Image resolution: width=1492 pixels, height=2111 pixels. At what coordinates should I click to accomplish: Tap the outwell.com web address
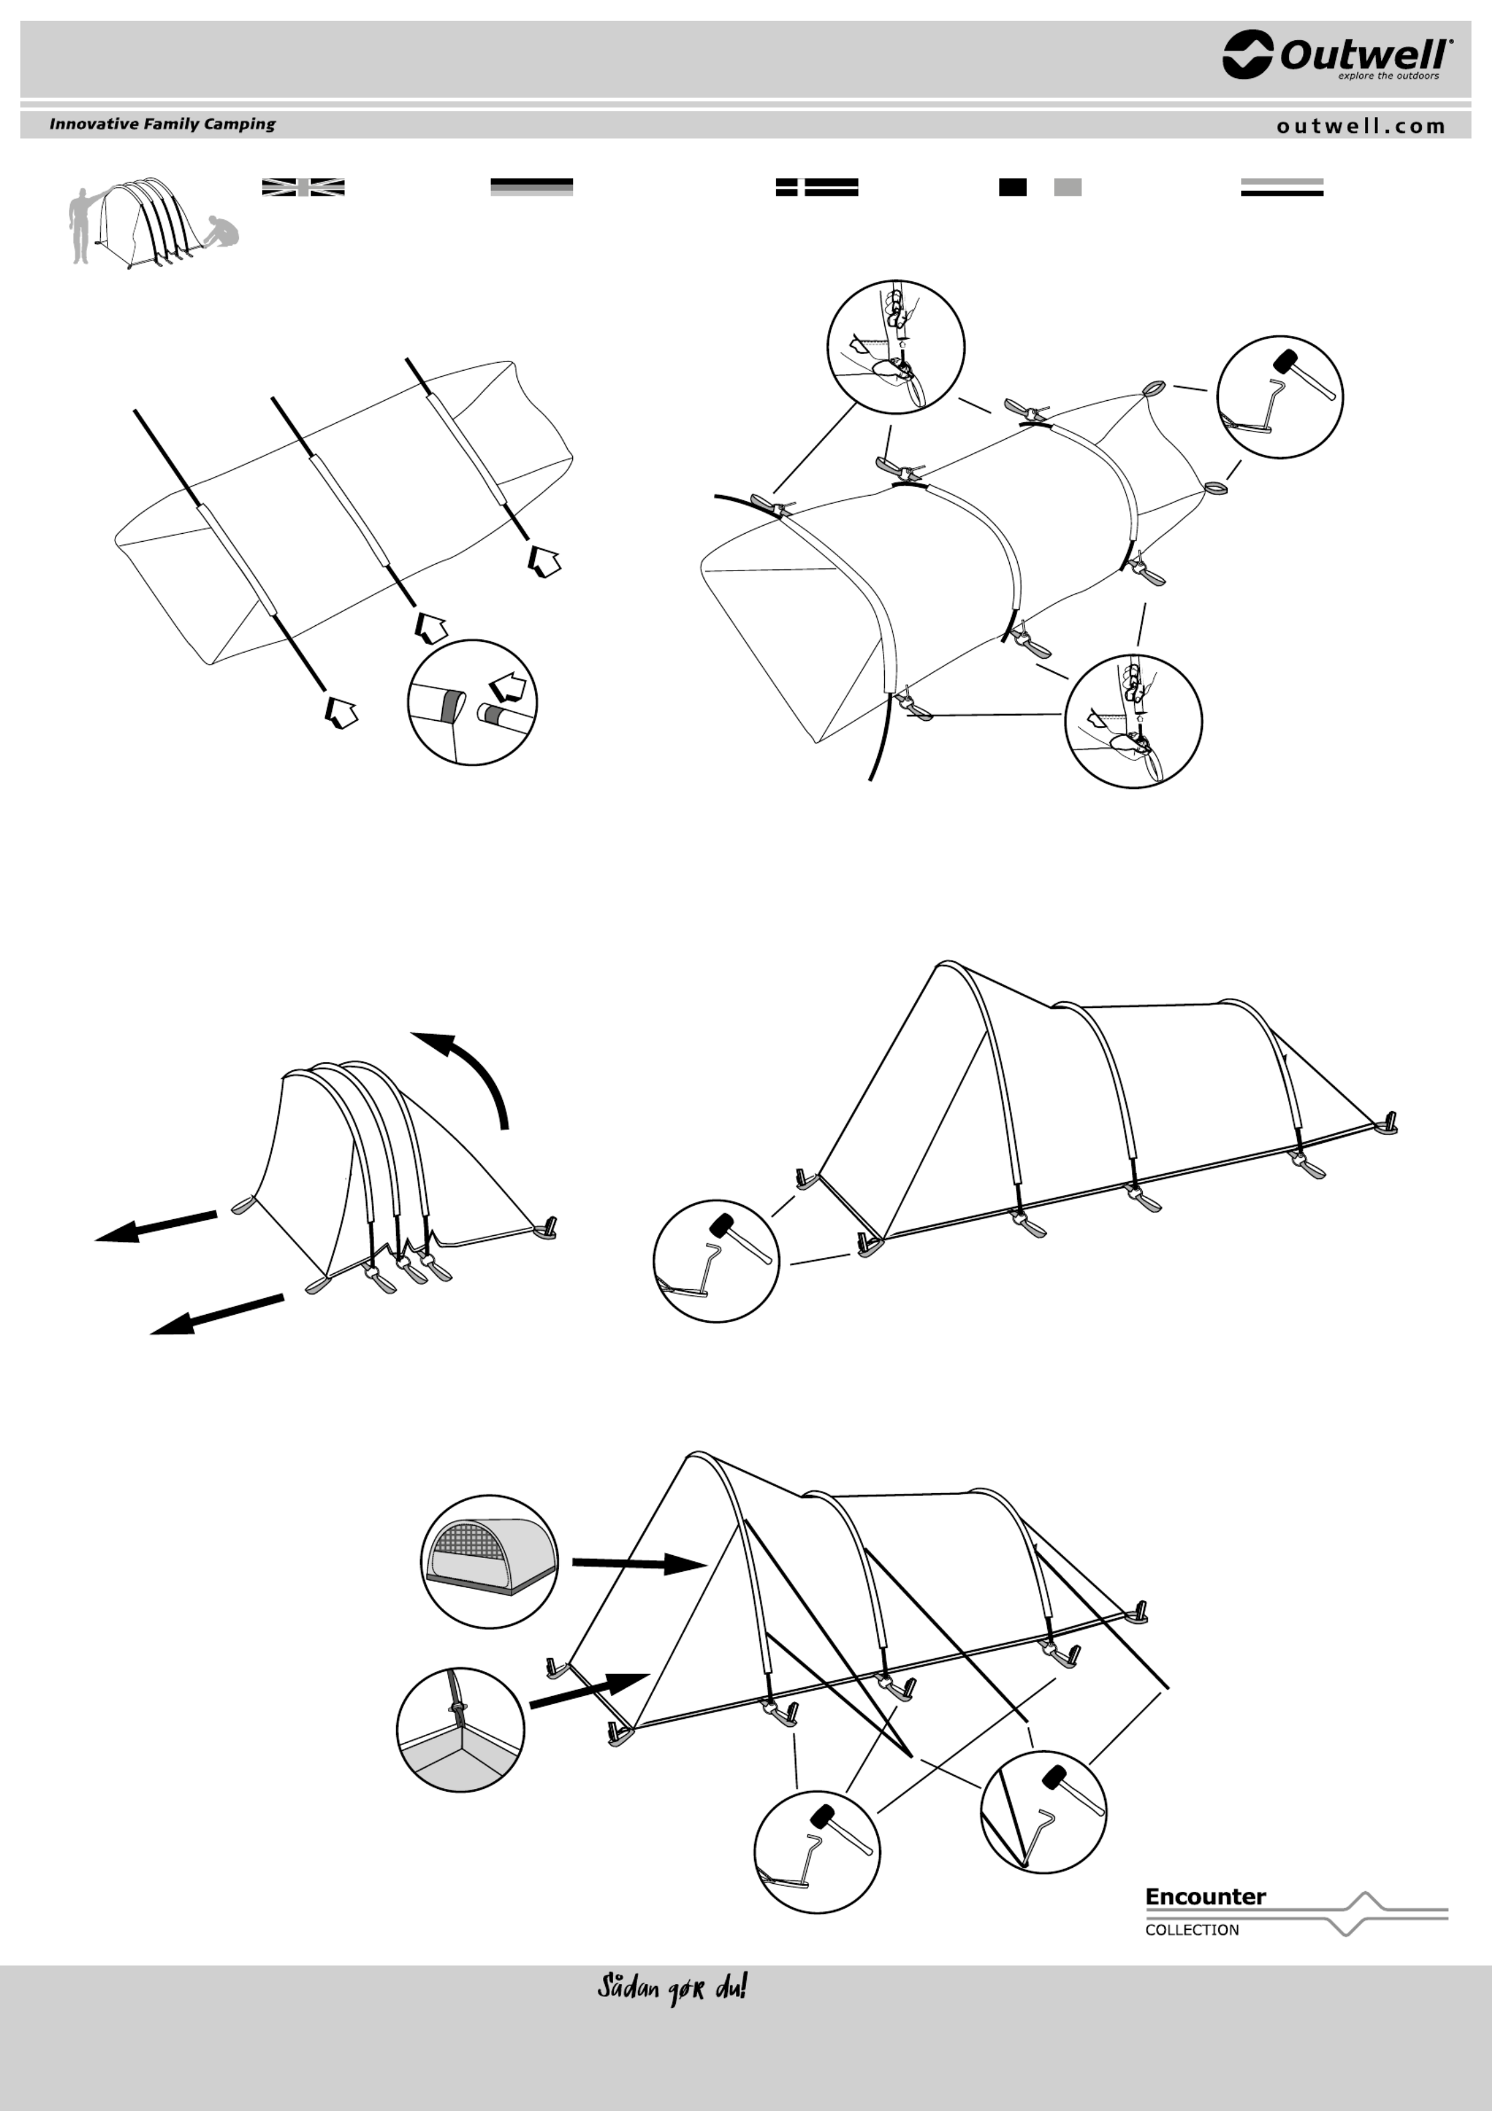(x=1360, y=126)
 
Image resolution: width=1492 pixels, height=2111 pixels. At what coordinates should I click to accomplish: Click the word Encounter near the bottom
(x=1205, y=1896)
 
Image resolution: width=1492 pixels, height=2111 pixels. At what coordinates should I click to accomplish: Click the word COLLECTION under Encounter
(x=1191, y=1930)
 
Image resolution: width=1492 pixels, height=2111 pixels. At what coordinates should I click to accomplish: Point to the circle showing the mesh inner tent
(x=489, y=1561)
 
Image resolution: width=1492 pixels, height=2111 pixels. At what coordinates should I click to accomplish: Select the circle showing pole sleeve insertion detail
(x=472, y=701)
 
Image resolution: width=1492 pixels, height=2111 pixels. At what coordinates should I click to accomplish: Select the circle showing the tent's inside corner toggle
(x=461, y=1730)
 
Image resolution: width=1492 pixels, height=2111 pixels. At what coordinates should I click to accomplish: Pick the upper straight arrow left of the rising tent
(x=156, y=1227)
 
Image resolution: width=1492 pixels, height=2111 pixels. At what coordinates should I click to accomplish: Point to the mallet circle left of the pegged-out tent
(x=716, y=1261)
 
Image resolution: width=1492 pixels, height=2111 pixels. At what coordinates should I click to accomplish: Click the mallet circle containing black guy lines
(x=1043, y=1810)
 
